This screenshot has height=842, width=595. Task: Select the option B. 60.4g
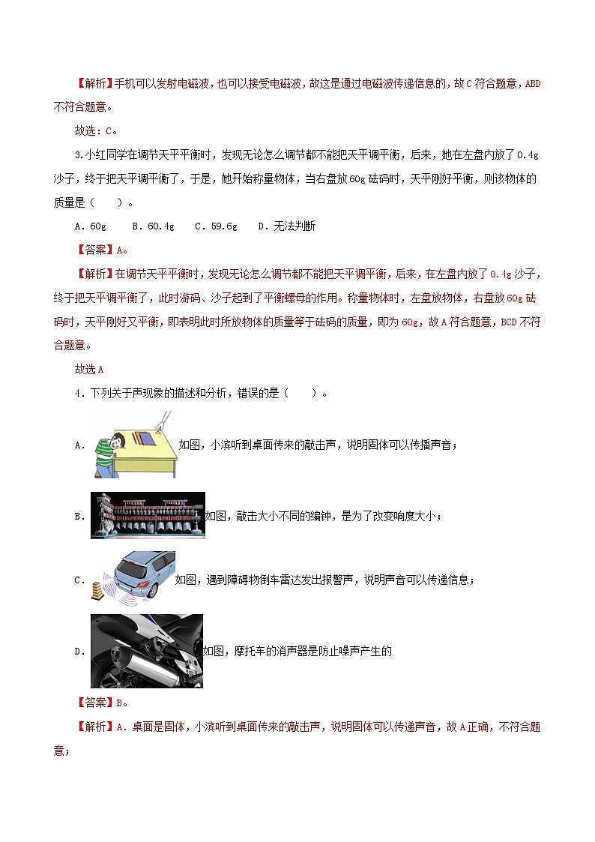153,226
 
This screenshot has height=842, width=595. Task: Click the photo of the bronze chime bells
148,515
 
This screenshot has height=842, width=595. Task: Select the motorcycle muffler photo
147,651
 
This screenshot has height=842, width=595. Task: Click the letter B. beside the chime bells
79,517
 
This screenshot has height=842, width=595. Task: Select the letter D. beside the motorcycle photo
79,652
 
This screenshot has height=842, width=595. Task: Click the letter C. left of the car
79,580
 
